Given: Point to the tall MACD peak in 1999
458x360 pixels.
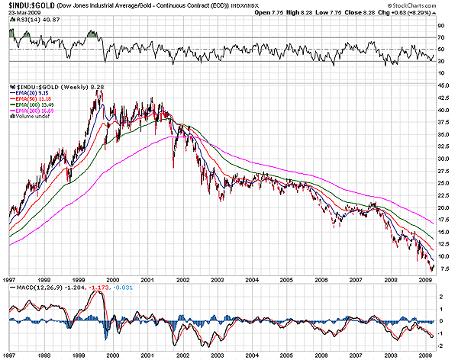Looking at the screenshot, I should click(x=103, y=293).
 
